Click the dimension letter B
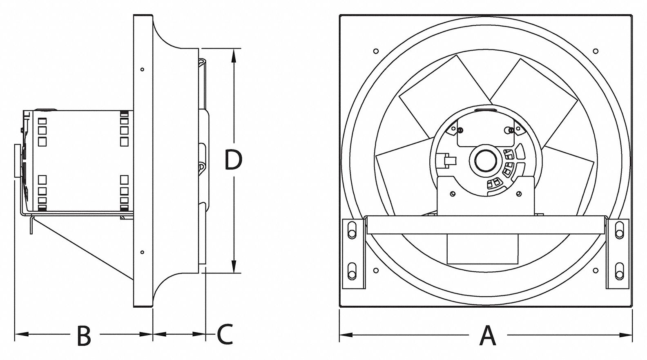(x=84, y=335)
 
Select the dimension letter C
(x=224, y=334)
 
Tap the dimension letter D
(x=234, y=160)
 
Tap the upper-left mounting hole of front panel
(x=376, y=51)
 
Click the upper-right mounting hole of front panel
(x=596, y=51)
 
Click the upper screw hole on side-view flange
(x=142, y=69)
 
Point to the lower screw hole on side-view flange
(x=142, y=252)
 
